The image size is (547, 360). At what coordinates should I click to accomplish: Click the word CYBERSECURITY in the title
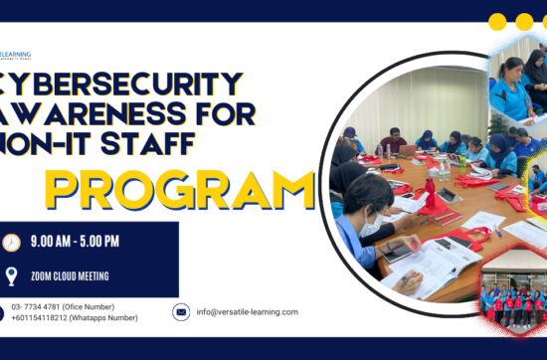point(119,84)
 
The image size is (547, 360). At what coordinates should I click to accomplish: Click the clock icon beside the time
point(12,243)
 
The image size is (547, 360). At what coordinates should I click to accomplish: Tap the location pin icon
point(12,275)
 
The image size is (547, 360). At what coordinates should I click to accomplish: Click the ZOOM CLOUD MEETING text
point(69,275)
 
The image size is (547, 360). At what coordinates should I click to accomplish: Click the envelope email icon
point(181,312)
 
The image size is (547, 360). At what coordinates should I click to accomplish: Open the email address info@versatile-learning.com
point(248,312)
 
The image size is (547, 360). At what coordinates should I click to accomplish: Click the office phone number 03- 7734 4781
point(44,306)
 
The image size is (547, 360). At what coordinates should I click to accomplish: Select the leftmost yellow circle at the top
point(497,22)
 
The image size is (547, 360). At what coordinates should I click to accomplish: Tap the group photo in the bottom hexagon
point(513,297)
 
